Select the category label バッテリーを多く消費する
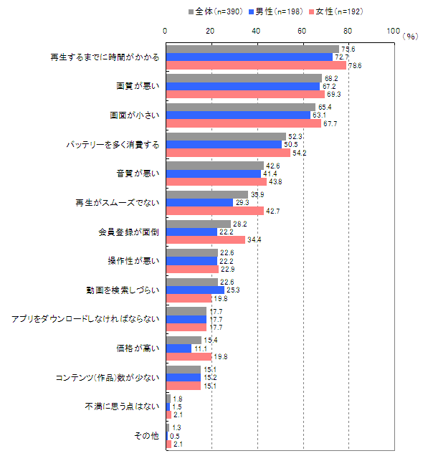tap(113, 144)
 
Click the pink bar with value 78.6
tap(256, 65)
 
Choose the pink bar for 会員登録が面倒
tap(205, 239)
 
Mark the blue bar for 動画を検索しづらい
tap(194, 290)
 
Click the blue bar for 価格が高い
tap(179, 348)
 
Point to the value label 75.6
tap(350, 49)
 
